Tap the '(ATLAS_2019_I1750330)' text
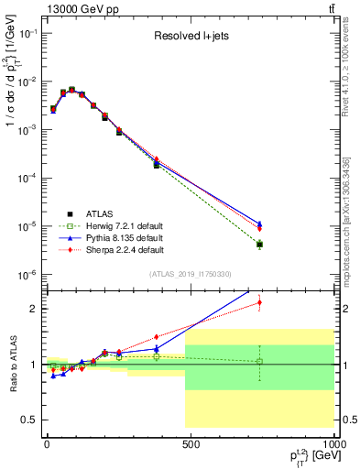pyautogui.click(x=190, y=274)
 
